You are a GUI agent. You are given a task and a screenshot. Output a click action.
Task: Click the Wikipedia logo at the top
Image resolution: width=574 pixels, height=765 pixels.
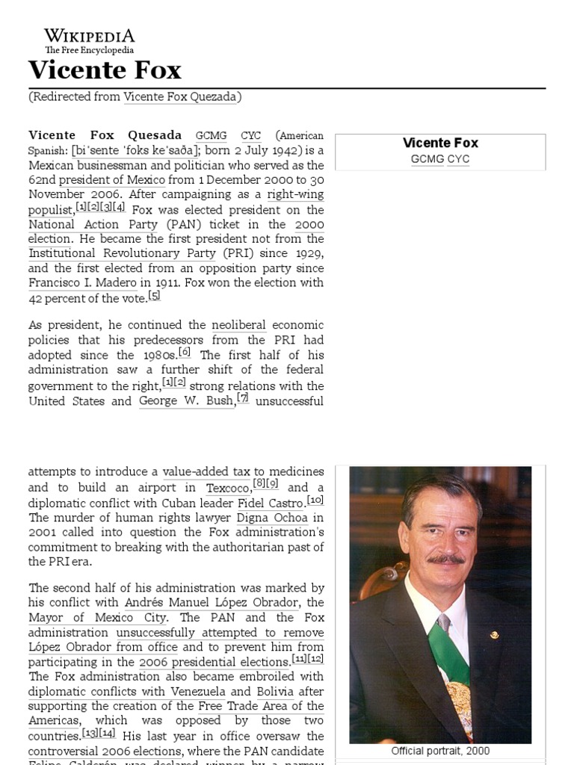(x=89, y=40)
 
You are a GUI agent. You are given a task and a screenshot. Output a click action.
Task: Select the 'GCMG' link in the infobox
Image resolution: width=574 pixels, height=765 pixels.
(x=426, y=159)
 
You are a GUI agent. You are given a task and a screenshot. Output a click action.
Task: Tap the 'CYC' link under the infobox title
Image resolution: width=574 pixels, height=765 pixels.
(x=458, y=159)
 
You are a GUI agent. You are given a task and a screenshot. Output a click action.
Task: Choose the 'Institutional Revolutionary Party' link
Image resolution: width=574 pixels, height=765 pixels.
(x=135, y=253)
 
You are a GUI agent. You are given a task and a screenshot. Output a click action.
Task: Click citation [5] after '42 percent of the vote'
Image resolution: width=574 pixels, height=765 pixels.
(x=154, y=295)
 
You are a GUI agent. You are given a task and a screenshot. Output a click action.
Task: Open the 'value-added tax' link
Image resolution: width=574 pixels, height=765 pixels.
(x=206, y=471)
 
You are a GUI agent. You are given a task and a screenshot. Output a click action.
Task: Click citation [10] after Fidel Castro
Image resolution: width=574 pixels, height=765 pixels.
(x=315, y=500)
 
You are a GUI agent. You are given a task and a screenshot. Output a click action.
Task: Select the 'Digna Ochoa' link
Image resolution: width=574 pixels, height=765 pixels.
(x=272, y=517)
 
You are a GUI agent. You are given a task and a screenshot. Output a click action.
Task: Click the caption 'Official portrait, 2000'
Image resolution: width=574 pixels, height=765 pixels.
(x=440, y=751)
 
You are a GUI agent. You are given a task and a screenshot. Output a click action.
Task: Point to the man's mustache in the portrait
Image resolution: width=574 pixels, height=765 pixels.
(x=446, y=559)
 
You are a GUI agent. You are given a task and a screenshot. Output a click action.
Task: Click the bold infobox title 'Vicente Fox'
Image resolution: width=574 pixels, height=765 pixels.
(x=440, y=143)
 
